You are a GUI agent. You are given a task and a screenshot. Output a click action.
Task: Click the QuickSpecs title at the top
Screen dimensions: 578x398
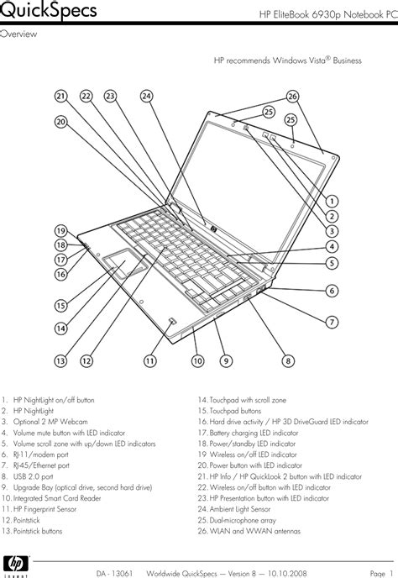point(49,12)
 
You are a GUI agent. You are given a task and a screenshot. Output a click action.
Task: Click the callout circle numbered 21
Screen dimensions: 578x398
point(60,96)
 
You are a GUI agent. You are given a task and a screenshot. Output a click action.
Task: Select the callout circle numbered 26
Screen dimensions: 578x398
point(292,96)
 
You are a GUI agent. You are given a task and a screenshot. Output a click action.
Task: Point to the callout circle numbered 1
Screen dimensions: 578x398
point(332,202)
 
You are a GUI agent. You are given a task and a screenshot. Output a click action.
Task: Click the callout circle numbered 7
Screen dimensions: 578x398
point(332,322)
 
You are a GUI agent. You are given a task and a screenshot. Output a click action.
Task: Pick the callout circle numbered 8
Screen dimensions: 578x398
point(287,361)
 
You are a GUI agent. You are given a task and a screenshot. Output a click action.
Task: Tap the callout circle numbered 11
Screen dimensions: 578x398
point(149,361)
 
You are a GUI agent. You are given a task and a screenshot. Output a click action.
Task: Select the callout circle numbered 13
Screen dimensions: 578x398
point(60,361)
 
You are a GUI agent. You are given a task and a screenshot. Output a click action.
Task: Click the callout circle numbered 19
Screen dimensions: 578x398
point(60,230)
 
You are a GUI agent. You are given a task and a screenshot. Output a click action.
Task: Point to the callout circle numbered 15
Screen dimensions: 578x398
point(60,306)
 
